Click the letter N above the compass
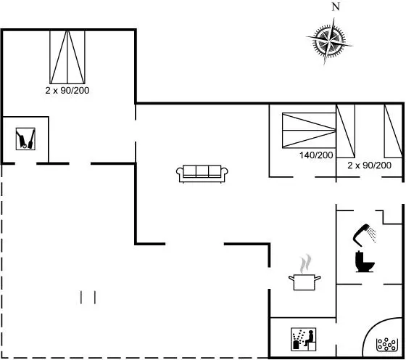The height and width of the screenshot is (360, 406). click(x=336, y=7)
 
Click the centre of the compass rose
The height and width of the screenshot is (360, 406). click(x=329, y=41)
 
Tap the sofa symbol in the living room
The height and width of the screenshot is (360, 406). click(x=202, y=173)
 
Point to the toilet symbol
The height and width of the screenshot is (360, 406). click(x=365, y=261)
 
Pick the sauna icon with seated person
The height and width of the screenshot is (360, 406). click(x=304, y=339)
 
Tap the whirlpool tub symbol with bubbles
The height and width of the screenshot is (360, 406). click(x=387, y=345)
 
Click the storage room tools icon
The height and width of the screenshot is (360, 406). click(x=25, y=139)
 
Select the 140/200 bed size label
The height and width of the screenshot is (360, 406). click(x=316, y=155)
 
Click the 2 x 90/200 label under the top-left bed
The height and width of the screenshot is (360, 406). click(x=67, y=90)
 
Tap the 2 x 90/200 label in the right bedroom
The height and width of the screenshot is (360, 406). click(x=369, y=165)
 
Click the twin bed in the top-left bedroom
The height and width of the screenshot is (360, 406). click(x=67, y=57)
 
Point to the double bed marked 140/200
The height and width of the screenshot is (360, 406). click(x=309, y=131)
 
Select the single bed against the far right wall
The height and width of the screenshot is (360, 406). click(x=393, y=131)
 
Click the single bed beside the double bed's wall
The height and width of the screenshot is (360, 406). click(x=345, y=131)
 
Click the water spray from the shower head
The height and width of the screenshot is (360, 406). click(x=373, y=234)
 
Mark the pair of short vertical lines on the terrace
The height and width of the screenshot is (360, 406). click(x=88, y=298)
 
